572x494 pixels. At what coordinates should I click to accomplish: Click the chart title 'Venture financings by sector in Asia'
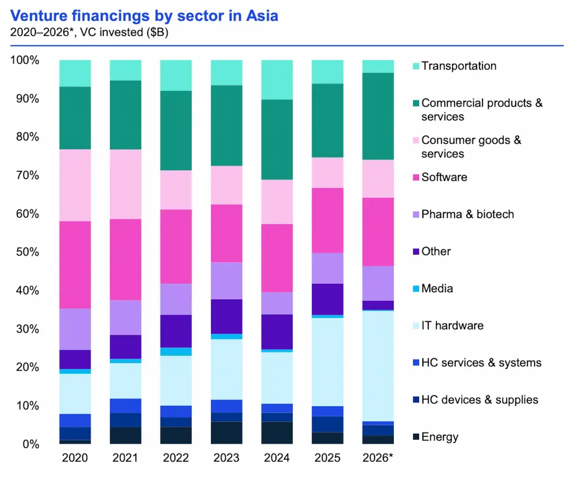click(144, 16)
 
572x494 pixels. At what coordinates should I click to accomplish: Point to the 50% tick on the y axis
click(27, 252)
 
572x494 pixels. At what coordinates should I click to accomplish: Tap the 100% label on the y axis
click(25, 60)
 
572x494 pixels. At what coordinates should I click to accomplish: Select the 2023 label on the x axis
click(226, 458)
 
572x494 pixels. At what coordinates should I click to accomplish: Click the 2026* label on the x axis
click(378, 458)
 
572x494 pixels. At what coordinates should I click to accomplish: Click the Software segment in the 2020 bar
click(75, 265)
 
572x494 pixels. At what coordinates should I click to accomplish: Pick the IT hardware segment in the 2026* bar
click(378, 366)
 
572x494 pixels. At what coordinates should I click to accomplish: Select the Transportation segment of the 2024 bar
click(277, 80)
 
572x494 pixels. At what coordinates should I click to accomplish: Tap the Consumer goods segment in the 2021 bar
click(126, 184)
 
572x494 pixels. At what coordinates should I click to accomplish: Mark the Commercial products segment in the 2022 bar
click(176, 130)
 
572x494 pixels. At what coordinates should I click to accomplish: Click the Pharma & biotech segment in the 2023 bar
click(226, 280)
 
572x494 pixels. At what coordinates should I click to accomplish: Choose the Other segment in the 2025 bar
click(327, 299)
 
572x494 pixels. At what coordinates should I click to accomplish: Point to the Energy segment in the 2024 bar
click(277, 433)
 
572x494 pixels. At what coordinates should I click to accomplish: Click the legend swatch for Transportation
click(416, 66)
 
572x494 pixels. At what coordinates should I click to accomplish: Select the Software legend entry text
click(444, 177)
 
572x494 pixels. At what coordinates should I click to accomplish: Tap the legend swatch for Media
click(416, 289)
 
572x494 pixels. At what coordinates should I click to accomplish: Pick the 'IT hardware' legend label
click(452, 326)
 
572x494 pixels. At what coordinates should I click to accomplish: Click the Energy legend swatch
click(416, 437)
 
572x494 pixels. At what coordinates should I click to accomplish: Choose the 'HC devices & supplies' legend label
click(480, 400)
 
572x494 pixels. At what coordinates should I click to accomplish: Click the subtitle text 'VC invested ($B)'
click(124, 33)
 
